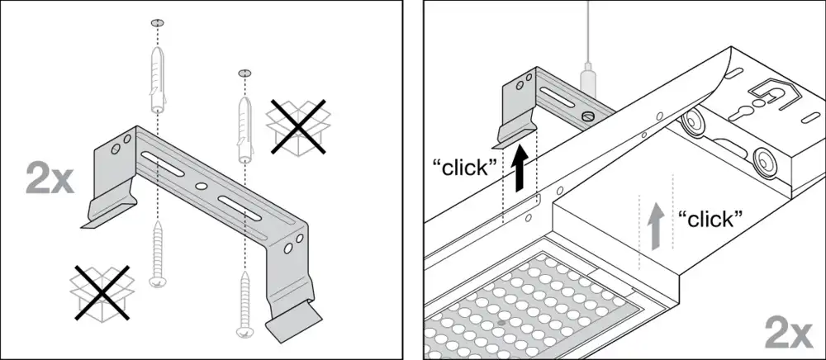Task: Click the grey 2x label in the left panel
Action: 50,179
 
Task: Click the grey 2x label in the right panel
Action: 789,333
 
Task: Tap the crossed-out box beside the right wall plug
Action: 297,127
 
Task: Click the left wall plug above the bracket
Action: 158,79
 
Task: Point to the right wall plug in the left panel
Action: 245,128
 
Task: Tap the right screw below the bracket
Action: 245,304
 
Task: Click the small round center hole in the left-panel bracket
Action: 201,186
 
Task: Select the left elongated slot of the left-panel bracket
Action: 162,164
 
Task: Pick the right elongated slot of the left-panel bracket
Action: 240,208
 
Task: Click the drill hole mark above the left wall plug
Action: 158,22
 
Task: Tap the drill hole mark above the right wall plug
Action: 245,73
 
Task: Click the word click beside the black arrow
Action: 465,168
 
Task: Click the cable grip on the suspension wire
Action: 586,78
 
